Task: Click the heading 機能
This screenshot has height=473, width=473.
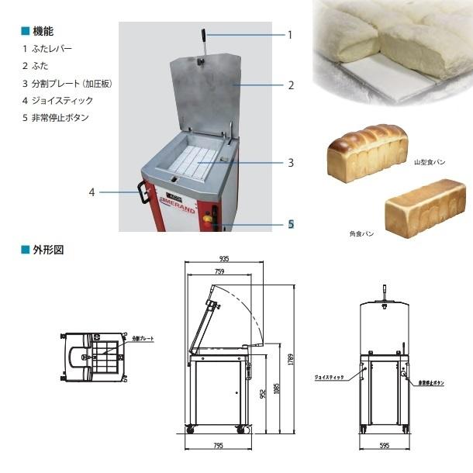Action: pos(43,32)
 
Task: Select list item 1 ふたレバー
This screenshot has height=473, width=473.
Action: pos(47,49)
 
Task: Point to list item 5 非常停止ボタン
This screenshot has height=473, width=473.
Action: pos(56,118)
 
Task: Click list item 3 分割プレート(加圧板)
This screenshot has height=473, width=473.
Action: pos(68,83)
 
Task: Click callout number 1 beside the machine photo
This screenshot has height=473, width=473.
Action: pos(290,35)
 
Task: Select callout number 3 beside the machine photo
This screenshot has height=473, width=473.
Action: pos(290,164)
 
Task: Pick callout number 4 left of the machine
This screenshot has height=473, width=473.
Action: pos(91,192)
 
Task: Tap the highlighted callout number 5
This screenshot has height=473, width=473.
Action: pos(291,224)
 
